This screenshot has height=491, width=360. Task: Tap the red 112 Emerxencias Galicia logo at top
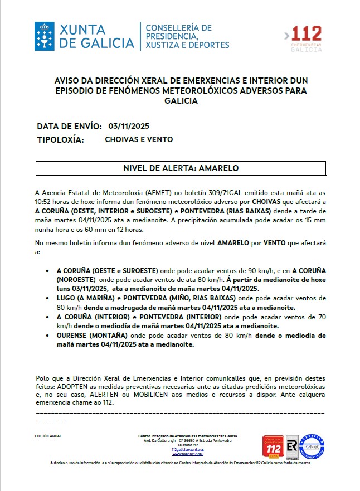[x=303, y=38]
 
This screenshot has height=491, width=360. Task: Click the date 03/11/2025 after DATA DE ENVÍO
[x=129, y=126]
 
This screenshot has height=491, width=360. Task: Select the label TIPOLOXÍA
[x=60, y=139]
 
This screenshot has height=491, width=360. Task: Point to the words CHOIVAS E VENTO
[x=139, y=139]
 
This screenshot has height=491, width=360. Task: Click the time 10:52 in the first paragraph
[x=45, y=201]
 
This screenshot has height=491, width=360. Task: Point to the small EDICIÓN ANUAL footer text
[x=48, y=436]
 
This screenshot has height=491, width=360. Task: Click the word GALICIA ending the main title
[x=181, y=101]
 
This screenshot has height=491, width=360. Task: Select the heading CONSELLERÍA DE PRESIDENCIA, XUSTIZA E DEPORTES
[x=187, y=36]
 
